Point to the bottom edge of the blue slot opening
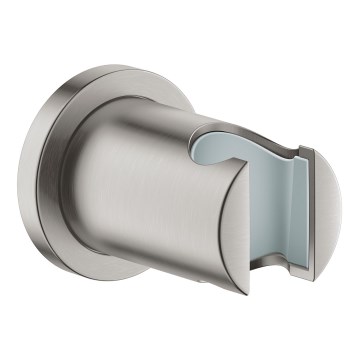point(270,268)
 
